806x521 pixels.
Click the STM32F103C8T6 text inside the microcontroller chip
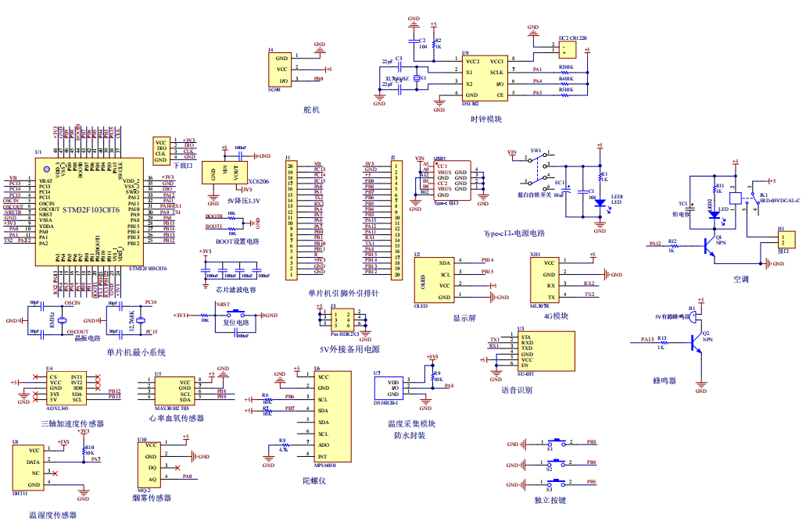coord(91,210)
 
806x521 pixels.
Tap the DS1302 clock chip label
coord(471,103)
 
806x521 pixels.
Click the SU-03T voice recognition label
coord(525,374)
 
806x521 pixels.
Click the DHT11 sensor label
coord(19,494)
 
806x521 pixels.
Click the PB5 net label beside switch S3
coord(592,483)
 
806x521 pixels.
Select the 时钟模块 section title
coord(485,119)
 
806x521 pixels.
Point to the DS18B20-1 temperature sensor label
coord(385,403)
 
